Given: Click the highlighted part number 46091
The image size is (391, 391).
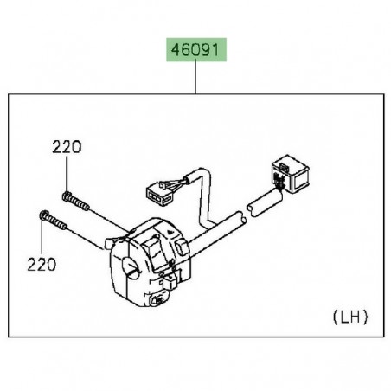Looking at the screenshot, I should click(195, 51).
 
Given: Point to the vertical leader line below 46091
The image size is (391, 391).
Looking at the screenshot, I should click(195, 79).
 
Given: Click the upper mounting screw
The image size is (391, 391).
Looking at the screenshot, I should click(75, 199).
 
